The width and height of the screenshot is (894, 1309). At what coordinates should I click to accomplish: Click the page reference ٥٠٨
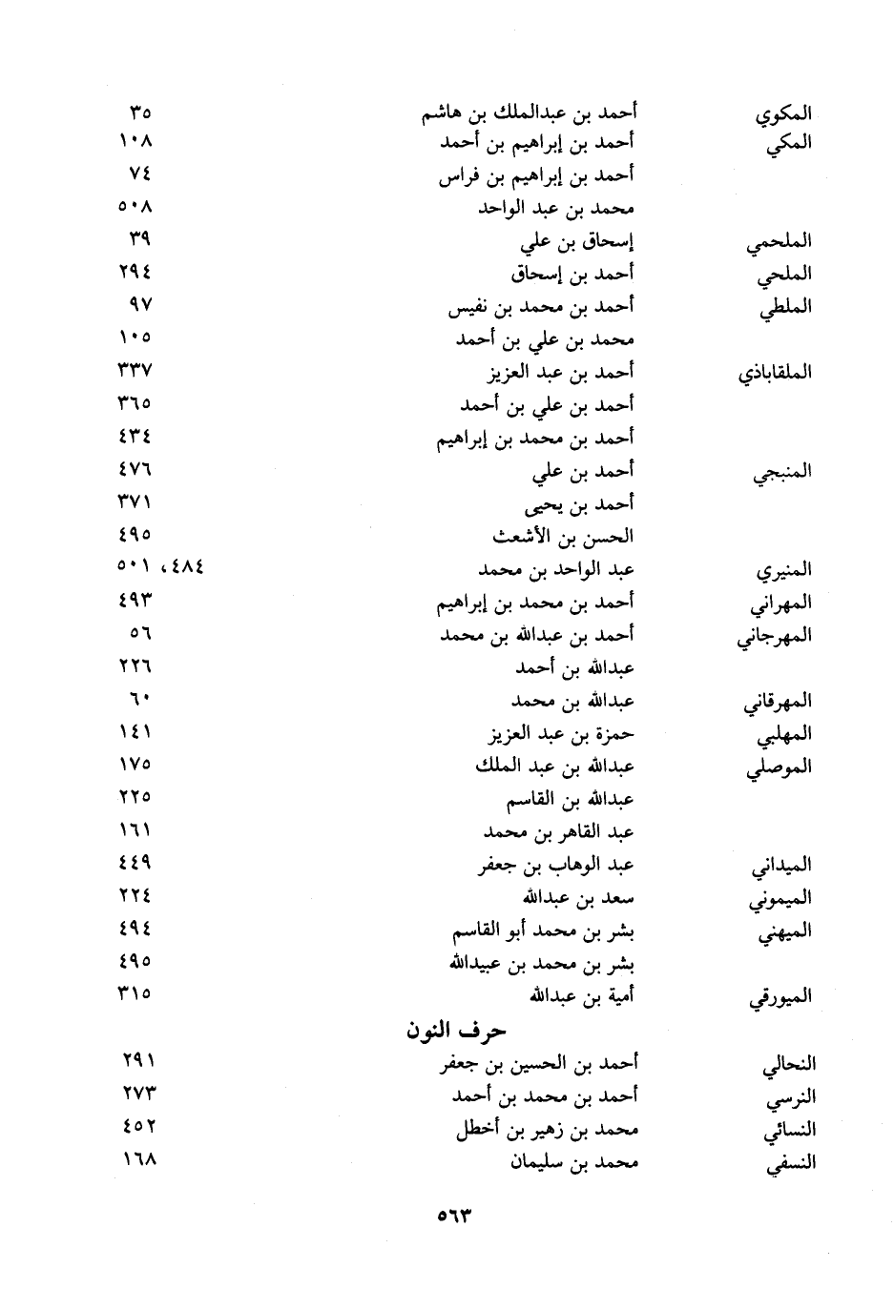[135, 207]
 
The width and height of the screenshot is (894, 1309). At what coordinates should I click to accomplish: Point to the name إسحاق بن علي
[577, 242]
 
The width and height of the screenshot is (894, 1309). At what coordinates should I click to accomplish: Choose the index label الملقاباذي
[774, 373]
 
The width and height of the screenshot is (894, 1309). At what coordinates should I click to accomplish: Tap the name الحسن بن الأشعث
[562, 536]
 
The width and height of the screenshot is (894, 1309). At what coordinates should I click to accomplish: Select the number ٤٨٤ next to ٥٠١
[184, 567]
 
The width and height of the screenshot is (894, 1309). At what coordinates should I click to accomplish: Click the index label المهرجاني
[774, 637]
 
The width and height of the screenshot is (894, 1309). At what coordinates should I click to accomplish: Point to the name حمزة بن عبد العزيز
[561, 734]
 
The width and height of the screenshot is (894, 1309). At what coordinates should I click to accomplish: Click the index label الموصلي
[779, 767]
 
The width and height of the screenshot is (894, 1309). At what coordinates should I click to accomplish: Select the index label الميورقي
[780, 998]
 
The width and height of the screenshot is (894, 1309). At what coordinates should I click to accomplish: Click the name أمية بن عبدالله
[582, 995]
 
